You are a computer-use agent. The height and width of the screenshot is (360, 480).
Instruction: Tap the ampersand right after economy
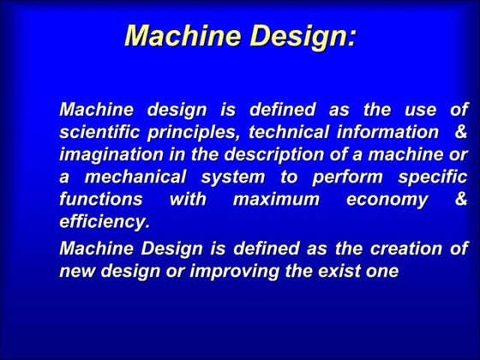pyautogui.click(x=462, y=200)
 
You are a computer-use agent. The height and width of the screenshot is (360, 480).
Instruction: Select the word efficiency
pyautogui.click(x=105, y=222)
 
